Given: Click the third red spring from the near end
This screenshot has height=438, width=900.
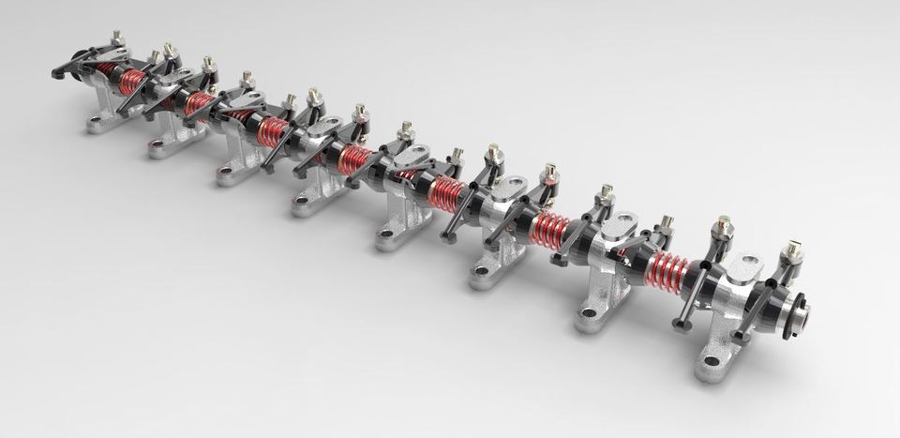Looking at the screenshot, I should [x=444, y=192].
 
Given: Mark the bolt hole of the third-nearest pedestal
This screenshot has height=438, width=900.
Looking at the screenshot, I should [x=482, y=271].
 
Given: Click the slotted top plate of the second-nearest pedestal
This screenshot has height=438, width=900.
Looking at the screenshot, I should [x=620, y=228].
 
